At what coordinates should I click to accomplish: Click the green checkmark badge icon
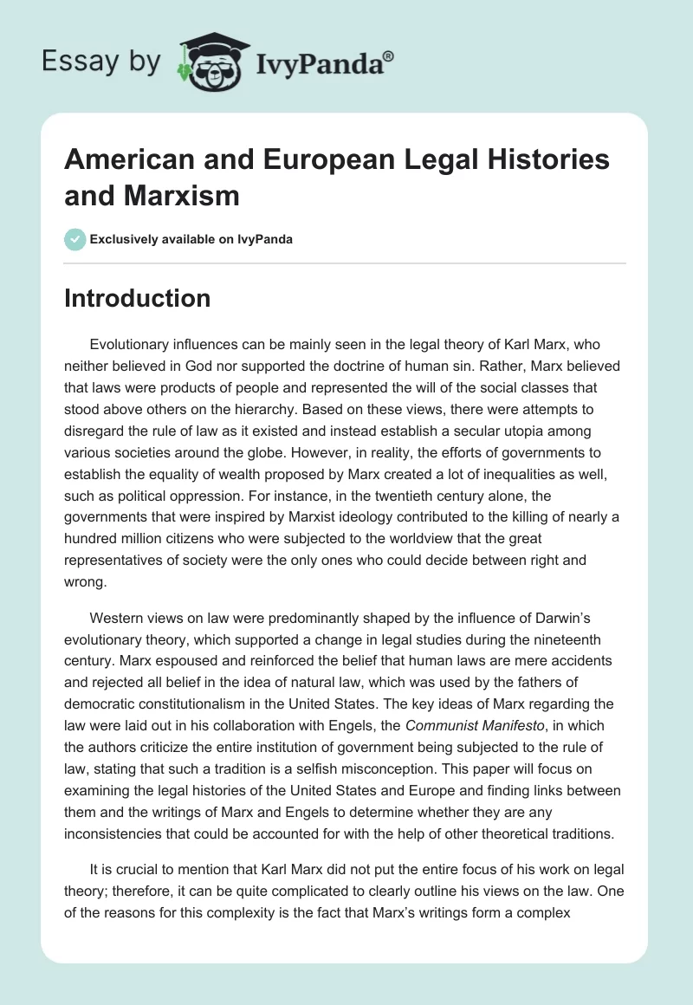click(75, 239)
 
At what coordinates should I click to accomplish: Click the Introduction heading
click(137, 298)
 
